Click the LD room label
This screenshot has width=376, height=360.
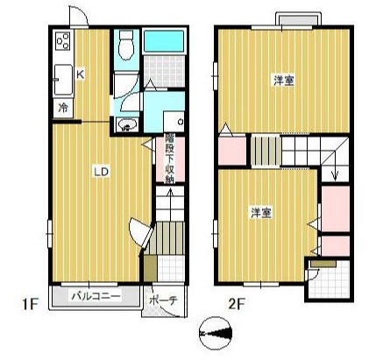(101, 172)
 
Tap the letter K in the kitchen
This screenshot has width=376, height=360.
(80, 74)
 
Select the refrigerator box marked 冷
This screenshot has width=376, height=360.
(63, 108)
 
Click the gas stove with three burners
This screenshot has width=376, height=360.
(63, 40)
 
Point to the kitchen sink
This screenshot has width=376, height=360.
(63, 80)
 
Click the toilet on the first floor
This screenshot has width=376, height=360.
(126, 45)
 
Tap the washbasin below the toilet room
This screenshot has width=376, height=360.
(126, 125)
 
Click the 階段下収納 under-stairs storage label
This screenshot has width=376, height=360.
(169, 159)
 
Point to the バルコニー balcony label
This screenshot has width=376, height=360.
(96, 297)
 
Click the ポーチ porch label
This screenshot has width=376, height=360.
(163, 300)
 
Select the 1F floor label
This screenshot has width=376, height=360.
(31, 305)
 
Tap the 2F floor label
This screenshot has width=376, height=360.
(237, 305)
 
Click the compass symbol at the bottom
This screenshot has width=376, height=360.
(216, 333)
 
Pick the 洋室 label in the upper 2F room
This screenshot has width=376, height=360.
(284, 80)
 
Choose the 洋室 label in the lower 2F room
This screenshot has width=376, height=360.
(261, 213)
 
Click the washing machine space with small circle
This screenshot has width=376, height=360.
(174, 121)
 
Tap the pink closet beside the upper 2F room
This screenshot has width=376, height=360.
(232, 151)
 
